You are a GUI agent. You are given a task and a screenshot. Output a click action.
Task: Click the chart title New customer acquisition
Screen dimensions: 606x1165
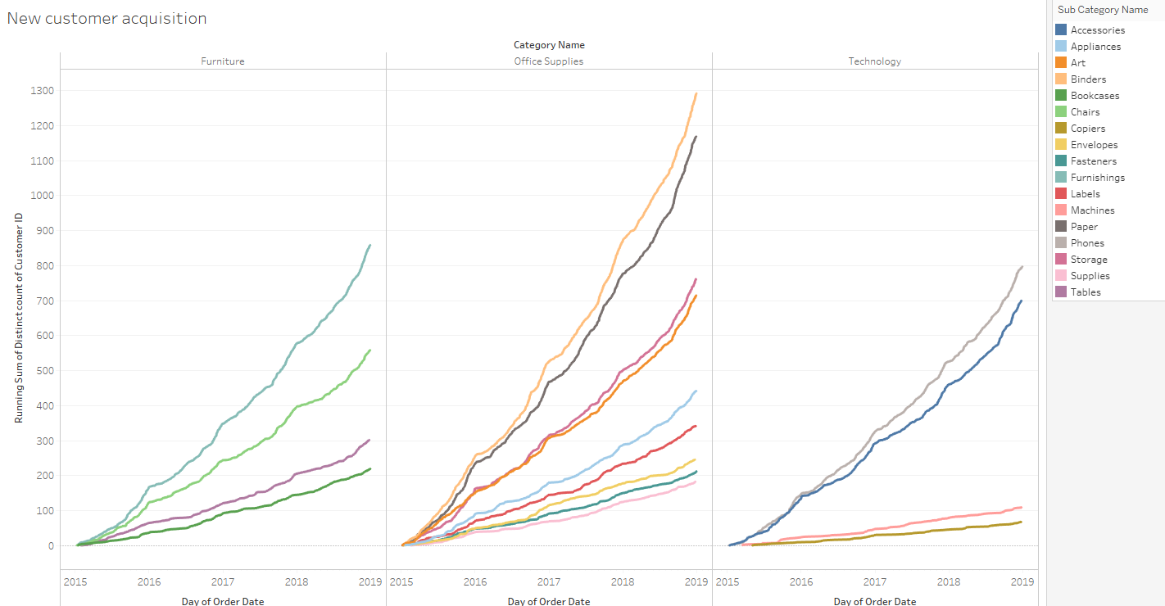(107, 18)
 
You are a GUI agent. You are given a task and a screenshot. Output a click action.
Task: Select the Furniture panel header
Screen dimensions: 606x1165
(223, 61)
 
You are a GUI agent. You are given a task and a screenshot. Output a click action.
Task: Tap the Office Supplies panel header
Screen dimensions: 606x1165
(549, 61)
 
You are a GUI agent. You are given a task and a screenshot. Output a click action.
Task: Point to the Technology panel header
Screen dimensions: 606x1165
(875, 61)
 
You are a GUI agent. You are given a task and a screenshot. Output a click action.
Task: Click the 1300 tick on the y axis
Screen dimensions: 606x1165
(42, 91)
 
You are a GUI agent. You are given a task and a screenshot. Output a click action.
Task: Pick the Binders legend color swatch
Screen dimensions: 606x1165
(1062, 79)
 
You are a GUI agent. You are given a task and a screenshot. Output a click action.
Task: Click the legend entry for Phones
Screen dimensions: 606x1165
(1087, 243)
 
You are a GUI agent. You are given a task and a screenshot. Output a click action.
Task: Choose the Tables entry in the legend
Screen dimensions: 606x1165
(1086, 292)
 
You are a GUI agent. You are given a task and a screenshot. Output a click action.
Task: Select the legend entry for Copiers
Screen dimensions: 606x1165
(1088, 129)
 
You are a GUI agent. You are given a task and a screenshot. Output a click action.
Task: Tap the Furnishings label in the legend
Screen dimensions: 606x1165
(1098, 178)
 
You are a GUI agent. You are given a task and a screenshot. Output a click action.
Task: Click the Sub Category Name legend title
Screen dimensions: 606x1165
(1103, 10)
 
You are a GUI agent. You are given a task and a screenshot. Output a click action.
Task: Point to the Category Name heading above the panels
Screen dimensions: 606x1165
(549, 45)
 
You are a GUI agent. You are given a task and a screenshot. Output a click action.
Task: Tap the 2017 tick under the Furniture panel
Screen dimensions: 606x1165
(223, 582)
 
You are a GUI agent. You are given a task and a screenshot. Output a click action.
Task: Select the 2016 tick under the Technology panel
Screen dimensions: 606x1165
(801, 582)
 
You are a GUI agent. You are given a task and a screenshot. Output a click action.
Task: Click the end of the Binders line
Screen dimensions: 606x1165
(696, 93)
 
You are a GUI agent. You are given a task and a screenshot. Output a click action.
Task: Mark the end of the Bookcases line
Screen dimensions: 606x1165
(369, 469)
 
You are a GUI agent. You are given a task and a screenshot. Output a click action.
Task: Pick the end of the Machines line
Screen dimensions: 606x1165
(1021, 507)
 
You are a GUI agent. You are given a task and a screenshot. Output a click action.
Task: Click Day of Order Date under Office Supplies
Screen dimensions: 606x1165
(549, 601)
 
